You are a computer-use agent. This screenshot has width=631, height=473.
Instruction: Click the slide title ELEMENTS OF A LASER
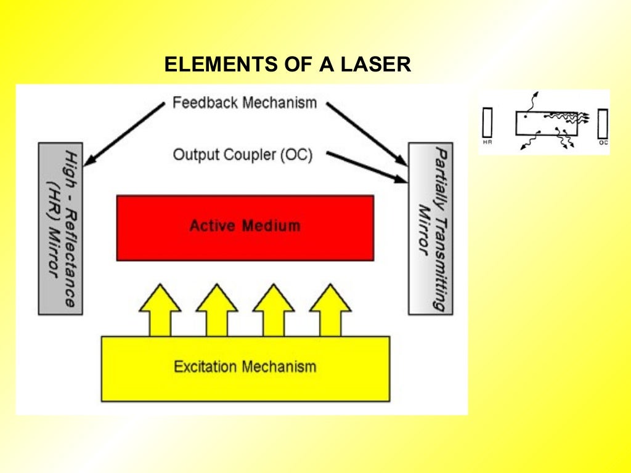[287, 64]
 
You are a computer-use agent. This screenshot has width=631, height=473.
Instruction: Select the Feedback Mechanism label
[245, 102]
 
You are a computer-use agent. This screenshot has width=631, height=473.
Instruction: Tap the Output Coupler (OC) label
[243, 155]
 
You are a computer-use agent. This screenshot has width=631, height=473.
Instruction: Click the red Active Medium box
[245, 228]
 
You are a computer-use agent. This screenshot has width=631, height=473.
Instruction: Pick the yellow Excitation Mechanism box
[245, 368]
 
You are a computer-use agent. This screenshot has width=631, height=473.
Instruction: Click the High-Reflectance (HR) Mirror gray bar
[60, 228]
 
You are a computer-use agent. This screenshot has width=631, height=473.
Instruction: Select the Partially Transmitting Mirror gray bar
[430, 228]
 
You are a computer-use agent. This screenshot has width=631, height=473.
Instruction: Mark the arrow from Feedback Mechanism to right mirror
[366, 134]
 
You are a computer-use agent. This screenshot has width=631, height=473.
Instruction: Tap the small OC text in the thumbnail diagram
[603, 142]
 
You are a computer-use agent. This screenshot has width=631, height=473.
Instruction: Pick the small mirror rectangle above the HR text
[487, 123]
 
